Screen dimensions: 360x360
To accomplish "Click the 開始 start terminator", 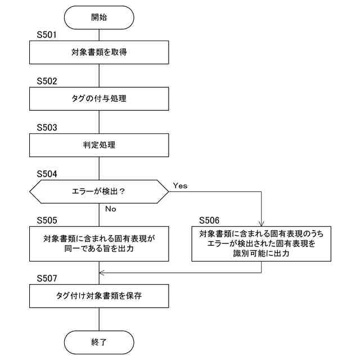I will pos(98,17).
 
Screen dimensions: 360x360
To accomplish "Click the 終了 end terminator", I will pos(98,341).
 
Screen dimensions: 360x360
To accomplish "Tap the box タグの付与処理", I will pos(98,99).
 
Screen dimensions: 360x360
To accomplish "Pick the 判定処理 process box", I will pos(98,145).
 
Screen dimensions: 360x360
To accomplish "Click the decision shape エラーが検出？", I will pos(98,192).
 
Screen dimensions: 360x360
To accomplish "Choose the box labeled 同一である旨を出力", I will pos(98,244).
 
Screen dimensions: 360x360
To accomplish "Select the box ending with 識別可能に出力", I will pos(262,244).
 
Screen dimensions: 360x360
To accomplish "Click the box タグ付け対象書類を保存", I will pos(98,295).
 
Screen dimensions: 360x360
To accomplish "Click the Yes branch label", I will pos(180,185).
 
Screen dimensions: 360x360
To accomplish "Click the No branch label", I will pos(110,209).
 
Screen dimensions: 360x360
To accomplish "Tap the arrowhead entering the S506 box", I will pos(262,223).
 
